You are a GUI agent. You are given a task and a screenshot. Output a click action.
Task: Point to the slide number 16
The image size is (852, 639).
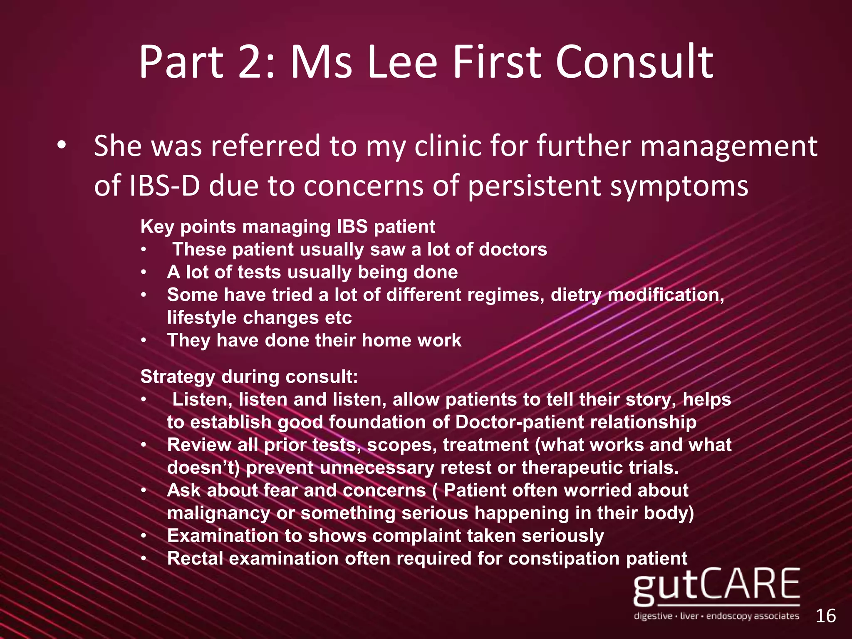[x=825, y=616]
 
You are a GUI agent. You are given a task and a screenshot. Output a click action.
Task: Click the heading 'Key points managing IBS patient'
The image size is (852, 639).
[x=287, y=227]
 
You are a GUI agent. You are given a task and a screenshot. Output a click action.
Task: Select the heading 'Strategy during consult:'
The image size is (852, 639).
[x=249, y=376]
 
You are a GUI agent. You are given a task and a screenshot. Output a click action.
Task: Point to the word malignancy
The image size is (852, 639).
[x=218, y=513]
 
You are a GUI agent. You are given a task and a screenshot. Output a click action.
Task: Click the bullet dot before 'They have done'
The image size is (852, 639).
[x=144, y=341]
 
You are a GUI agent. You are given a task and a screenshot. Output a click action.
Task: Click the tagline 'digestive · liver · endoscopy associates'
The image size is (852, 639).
[x=716, y=616]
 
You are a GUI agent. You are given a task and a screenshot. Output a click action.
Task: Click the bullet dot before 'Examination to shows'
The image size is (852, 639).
[x=144, y=536]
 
